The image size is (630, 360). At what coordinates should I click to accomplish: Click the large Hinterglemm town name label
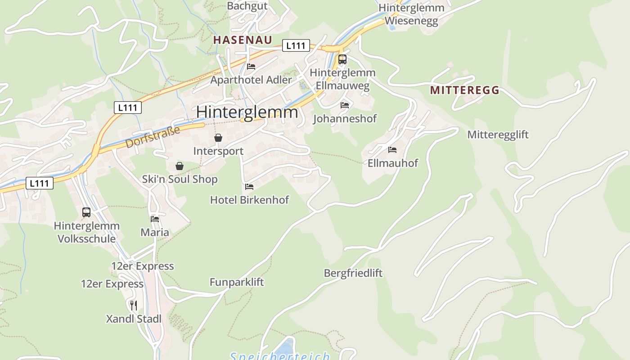pos(247,112)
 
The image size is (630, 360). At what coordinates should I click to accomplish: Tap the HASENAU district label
pos(243,40)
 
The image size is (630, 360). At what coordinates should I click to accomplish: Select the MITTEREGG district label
pos(464,90)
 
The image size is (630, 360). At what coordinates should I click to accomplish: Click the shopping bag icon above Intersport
pos(218,138)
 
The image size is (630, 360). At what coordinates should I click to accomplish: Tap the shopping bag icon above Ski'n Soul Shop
pos(180,166)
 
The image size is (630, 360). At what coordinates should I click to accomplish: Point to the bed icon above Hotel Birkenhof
pos(249,186)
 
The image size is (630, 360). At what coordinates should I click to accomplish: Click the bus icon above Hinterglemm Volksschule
pos(86,212)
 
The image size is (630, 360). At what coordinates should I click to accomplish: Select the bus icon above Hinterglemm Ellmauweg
pos(342,59)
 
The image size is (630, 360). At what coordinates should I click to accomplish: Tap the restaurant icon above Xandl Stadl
pos(133,306)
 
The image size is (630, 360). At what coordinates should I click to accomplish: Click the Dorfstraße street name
pos(153,137)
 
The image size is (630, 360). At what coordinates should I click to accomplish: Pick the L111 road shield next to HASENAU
pos(296,45)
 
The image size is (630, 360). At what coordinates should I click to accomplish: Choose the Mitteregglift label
pos(498,135)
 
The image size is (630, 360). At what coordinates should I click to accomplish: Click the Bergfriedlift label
pos(353,273)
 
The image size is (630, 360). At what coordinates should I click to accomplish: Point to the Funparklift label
pos(237,282)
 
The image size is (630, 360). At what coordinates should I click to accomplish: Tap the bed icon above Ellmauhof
pos(392,149)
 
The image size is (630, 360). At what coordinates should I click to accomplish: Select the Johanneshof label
pos(345,119)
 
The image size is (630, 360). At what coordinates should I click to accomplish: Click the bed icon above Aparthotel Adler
pos(251,67)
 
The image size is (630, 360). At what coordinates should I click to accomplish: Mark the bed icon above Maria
pos(155,219)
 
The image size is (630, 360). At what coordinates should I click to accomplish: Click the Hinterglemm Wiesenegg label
pos(411,14)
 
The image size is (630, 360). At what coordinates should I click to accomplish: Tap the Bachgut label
pos(247,6)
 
